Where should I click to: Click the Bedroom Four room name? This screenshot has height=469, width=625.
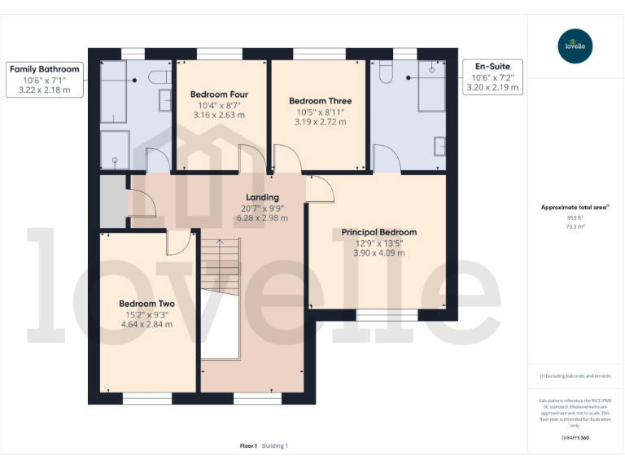coord(219,94)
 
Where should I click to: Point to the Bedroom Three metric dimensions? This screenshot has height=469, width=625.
coord(320,122)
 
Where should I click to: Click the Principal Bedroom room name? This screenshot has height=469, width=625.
coord(378,232)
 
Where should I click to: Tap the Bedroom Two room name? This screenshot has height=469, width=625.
coord(146,304)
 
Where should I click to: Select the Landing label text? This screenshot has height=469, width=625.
coord(262,197)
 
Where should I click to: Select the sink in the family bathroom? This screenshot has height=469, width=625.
coord(164,100)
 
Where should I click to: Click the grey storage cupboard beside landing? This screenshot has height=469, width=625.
coord(112,201)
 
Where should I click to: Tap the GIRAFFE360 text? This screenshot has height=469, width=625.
coord(575,438)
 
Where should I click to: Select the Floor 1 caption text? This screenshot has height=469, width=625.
coord(248,445)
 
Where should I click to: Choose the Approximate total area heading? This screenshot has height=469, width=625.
coord(575,208)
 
